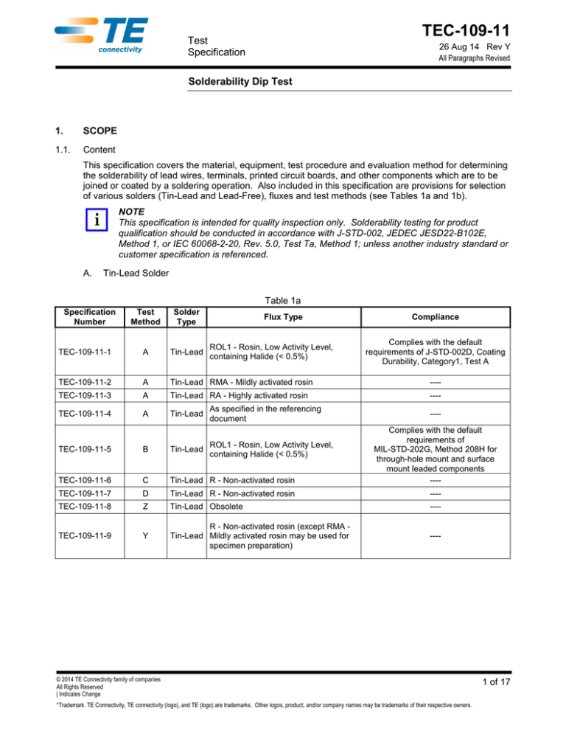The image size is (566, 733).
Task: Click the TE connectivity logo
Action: [102, 37]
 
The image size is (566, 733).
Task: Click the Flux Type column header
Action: [303, 316]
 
